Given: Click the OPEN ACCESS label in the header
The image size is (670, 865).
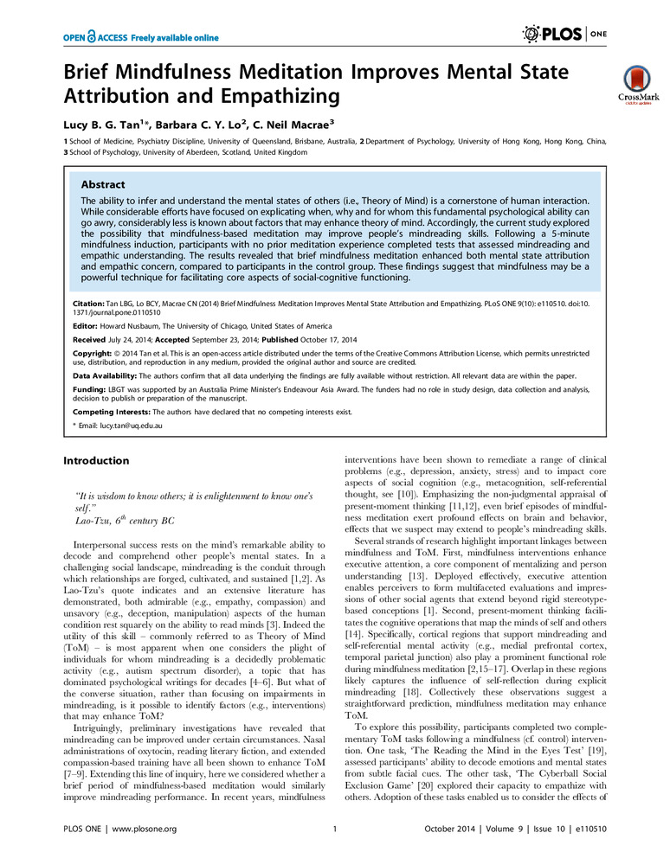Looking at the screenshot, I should tap(89, 38).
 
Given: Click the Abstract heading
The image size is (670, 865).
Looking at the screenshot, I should tap(102, 184).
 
